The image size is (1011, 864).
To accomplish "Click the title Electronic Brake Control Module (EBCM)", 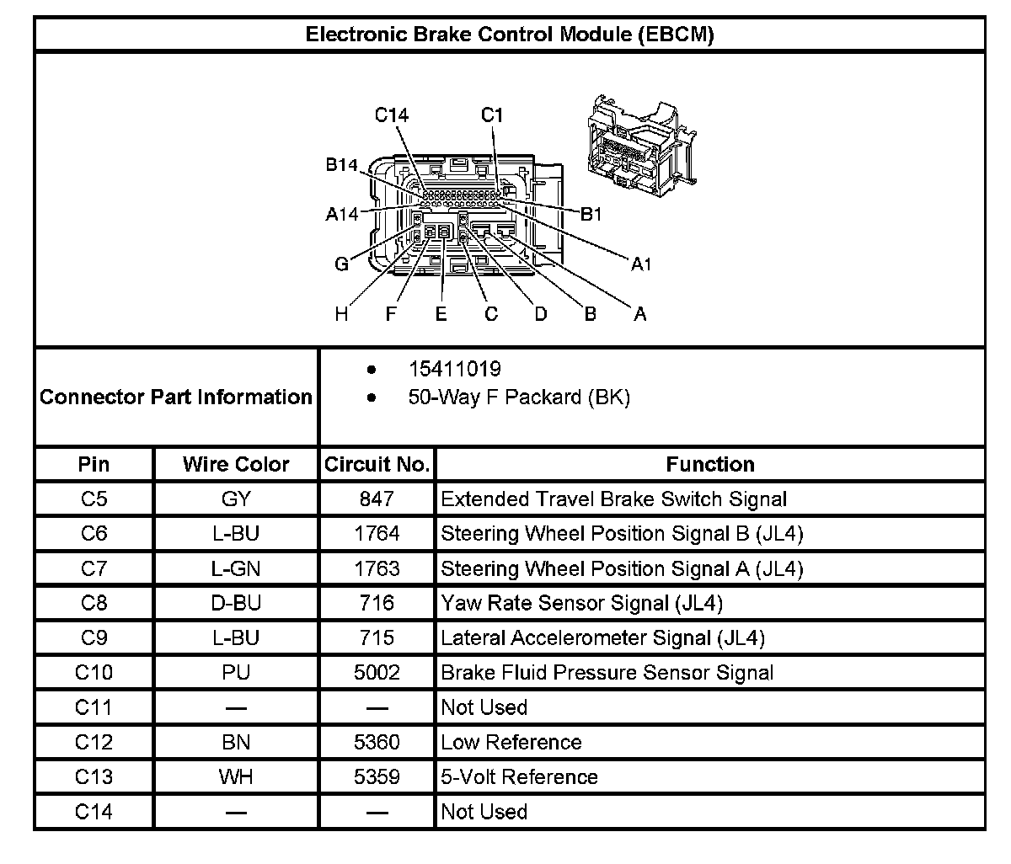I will (509, 35).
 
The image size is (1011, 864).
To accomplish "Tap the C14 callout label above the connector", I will (392, 115).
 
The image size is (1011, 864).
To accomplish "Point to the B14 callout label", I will (342, 165).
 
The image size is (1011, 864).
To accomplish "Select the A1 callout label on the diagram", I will (641, 264).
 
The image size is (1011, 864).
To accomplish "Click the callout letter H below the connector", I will (341, 314).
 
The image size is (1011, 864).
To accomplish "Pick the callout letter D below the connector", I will (541, 314).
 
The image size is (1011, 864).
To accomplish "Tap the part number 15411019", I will (455, 369).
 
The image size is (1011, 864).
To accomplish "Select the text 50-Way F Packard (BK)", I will (519, 397).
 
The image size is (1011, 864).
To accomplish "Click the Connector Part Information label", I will (176, 397).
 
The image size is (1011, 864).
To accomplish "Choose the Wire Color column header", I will (236, 464).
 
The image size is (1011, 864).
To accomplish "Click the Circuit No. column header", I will (377, 464).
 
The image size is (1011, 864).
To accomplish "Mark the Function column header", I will (709, 464).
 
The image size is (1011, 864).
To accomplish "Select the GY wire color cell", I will (236, 499).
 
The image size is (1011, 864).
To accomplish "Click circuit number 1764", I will (377, 533).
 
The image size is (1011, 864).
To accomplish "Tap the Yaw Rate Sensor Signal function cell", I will (581, 603).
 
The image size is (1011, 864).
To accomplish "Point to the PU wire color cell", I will (236, 672).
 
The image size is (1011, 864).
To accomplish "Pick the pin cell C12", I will (94, 742).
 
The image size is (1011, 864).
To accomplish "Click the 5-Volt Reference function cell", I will (519, 776).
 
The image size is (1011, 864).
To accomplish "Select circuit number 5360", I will (377, 742).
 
